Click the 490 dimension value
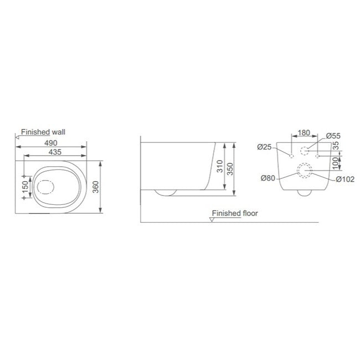pyautogui.click(x=51, y=143)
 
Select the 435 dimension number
pyautogui.click(x=55, y=152)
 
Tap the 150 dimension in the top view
pyautogui.click(x=25, y=187)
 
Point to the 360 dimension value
pyautogui.click(x=95, y=187)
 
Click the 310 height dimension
pyautogui.click(x=220, y=166)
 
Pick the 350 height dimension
pyautogui.click(x=230, y=169)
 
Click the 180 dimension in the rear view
pyautogui.click(x=304, y=133)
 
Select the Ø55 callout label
pyautogui.click(x=333, y=136)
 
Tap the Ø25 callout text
pyautogui.click(x=265, y=147)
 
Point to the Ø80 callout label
pyautogui.click(x=268, y=178)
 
